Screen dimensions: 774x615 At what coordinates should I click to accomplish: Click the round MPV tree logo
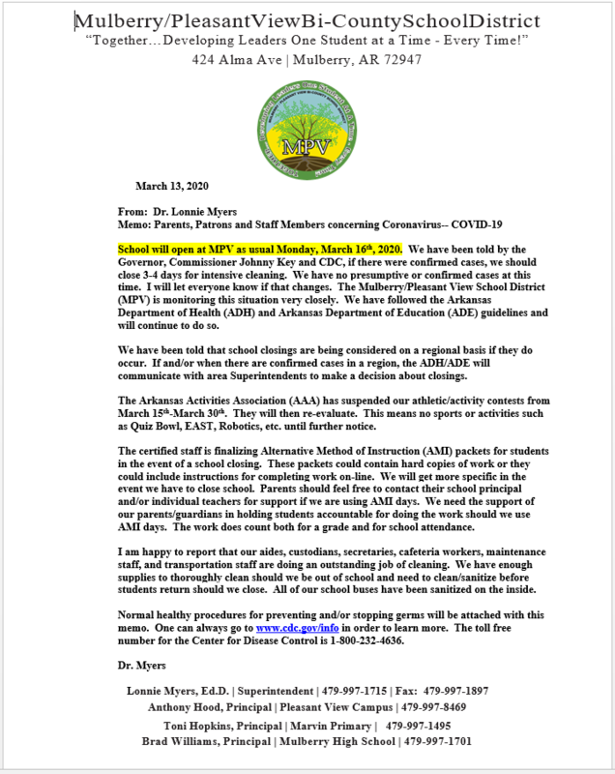307,121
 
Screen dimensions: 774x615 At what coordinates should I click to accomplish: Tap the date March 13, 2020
172,186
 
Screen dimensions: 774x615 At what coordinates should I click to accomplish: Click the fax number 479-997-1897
454,691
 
